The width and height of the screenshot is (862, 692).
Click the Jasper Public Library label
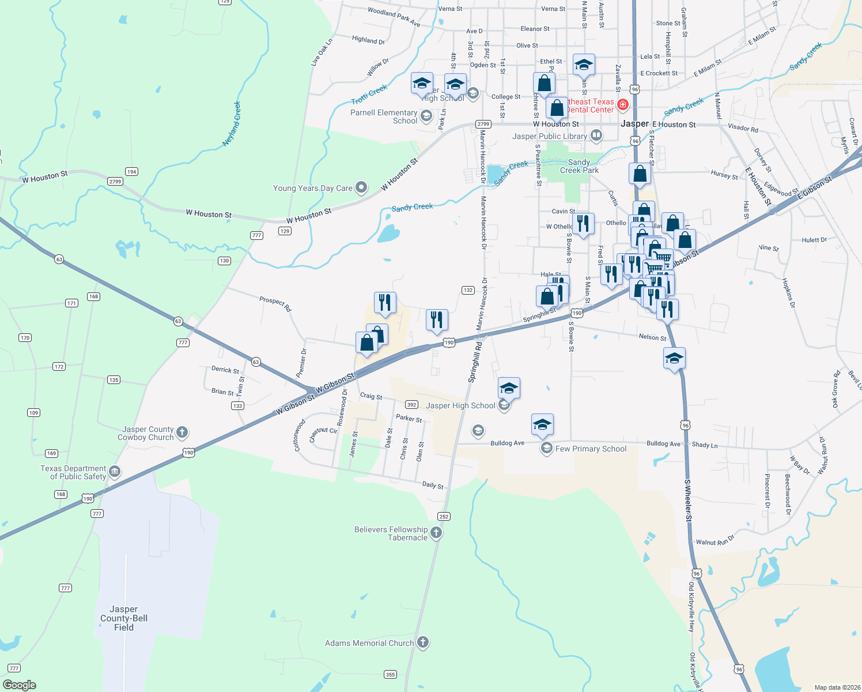[x=550, y=137]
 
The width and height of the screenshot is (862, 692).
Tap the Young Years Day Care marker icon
[x=361, y=187]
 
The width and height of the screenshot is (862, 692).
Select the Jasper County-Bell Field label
[x=124, y=618]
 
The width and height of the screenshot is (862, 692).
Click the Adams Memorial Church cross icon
[x=423, y=642]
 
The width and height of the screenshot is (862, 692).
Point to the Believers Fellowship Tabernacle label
[x=391, y=533]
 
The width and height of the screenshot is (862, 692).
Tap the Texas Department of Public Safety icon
[x=115, y=472]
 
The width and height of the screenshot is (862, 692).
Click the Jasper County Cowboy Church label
[x=148, y=434]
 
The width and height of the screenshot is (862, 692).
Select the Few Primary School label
[x=591, y=449]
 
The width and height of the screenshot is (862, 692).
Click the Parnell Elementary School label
[x=384, y=116]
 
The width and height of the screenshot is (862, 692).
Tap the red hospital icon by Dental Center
[x=622, y=105]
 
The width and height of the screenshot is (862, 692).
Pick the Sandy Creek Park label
[x=579, y=166]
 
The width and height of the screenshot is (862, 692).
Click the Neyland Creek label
[x=232, y=124]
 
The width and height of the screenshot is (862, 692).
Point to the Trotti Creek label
[x=369, y=95]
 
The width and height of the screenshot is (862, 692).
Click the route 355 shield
[x=390, y=674]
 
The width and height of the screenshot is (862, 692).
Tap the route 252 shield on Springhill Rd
[x=443, y=517]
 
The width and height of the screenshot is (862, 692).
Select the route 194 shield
[x=131, y=171]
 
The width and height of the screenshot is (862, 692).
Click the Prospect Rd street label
[x=275, y=304]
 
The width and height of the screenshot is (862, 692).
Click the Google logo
[x=20, y=685]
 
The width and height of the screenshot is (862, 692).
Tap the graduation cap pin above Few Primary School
[x=542, y=425]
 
